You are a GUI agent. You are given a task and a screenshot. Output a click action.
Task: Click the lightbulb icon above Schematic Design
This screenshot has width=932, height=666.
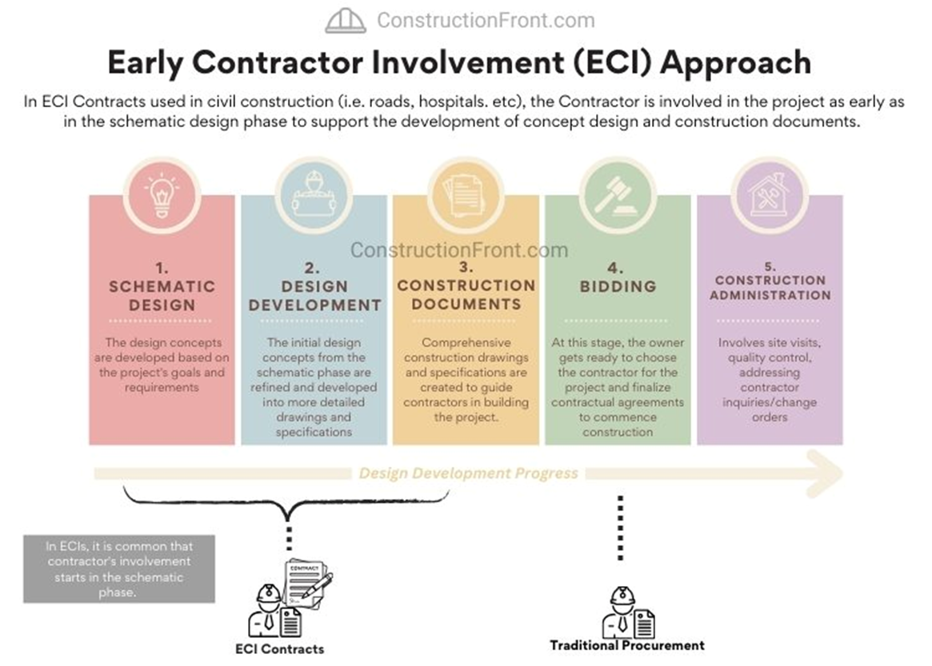point(162,195)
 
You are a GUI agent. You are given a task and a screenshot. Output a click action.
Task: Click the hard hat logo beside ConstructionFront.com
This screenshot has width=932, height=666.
point(346,21)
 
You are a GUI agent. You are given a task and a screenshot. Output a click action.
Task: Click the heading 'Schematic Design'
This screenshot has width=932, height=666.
point(162,296)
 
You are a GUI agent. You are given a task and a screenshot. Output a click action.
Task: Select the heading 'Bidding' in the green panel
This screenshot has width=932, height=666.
point(618,286)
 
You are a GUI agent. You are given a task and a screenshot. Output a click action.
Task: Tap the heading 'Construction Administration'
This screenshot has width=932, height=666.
point(770,288)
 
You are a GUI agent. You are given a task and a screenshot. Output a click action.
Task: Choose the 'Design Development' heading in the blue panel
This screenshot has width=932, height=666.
point(314,296)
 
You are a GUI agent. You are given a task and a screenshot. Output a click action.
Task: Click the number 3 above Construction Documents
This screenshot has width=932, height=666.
point(466,267)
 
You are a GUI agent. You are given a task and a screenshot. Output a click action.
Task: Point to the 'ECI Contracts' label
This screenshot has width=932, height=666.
point(279,648)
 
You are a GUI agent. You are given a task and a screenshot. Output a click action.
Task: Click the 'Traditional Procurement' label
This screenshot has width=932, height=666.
point(627,645)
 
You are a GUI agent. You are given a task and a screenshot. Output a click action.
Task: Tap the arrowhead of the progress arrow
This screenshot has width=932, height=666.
point(826,473)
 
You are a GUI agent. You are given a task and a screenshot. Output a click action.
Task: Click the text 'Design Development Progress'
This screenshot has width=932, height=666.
point(468,473)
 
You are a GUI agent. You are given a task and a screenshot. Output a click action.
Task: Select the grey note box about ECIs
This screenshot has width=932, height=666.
point(119,568)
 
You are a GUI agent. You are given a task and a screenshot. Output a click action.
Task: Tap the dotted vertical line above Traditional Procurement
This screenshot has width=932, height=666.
point(621,528)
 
